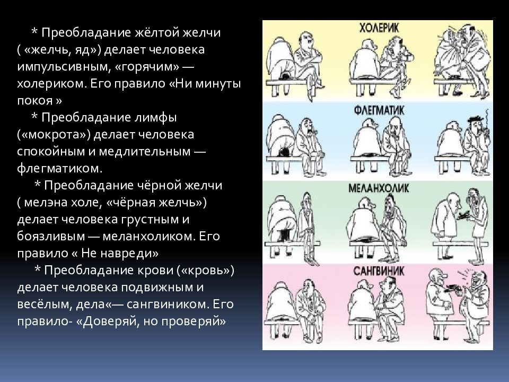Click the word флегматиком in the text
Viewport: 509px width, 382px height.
pos(58,168)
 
